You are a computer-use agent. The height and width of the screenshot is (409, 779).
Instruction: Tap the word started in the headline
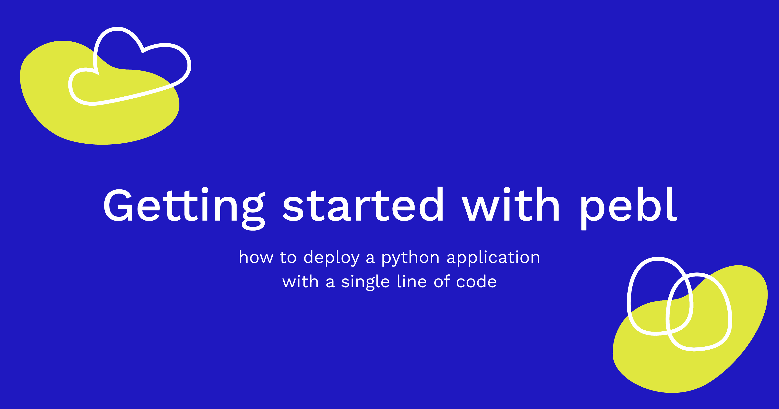363,204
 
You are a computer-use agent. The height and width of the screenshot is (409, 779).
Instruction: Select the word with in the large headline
511,204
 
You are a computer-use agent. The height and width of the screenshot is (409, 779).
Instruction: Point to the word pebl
628,208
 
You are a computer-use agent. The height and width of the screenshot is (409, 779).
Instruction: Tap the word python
410,259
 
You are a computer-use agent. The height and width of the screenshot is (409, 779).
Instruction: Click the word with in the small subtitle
300,281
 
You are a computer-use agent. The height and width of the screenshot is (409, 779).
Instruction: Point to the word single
365,283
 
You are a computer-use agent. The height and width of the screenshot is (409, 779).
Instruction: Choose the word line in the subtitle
412,281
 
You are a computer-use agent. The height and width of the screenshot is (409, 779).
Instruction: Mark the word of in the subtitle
442,281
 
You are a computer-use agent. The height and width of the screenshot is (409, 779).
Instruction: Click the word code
476,281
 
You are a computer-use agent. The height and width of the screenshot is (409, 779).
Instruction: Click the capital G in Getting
118,205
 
